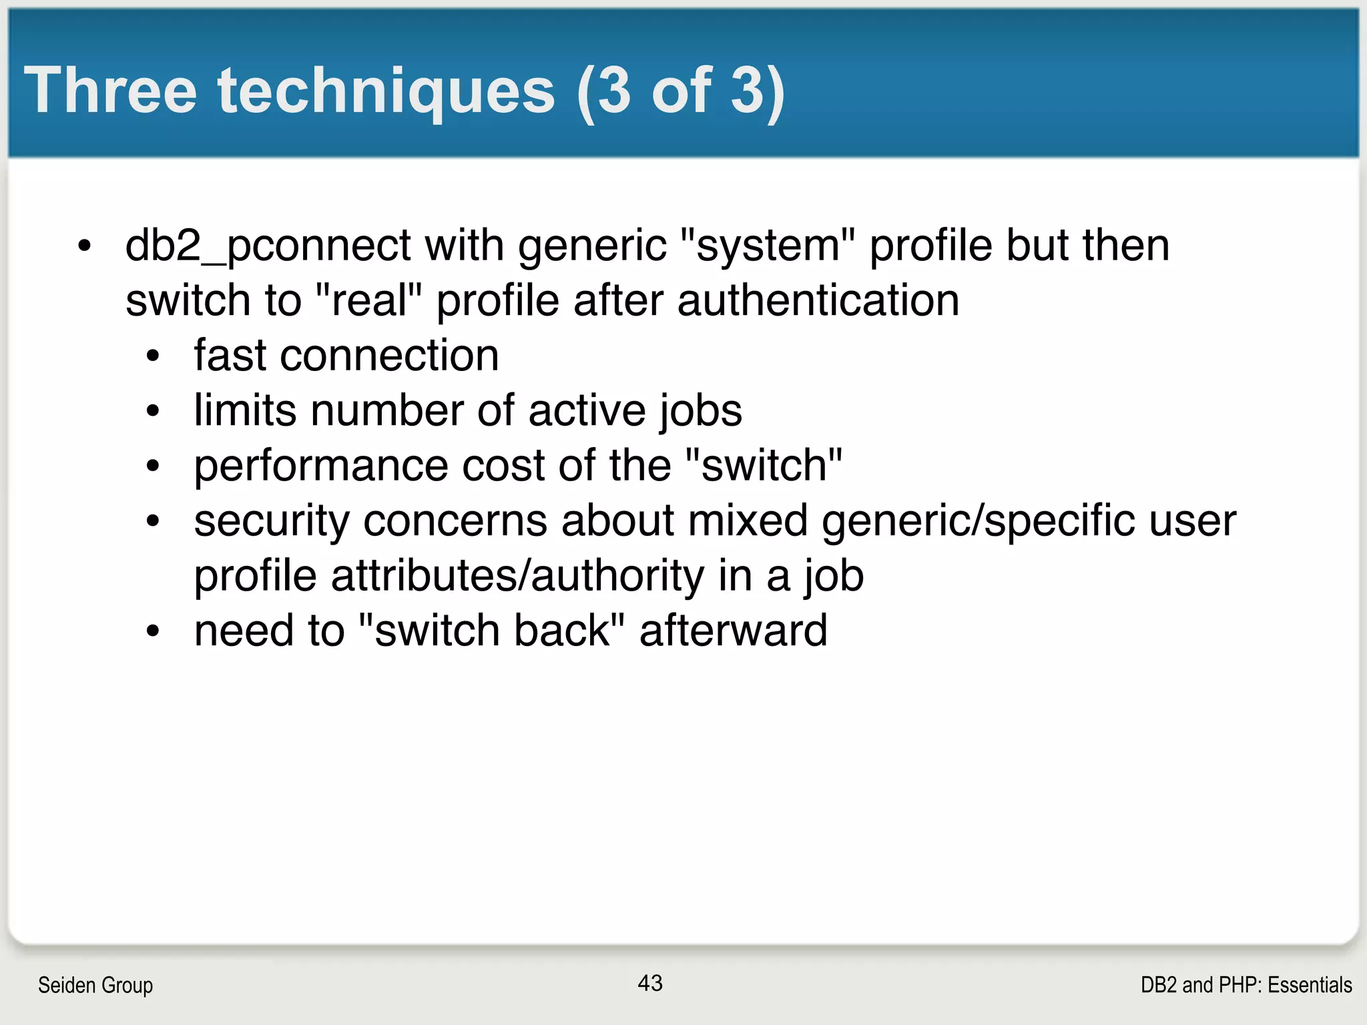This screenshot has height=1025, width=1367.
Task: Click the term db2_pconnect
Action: pos(268,246)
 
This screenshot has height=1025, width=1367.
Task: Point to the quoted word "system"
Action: pos(768,246)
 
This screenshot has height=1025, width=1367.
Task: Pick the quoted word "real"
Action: pos(367,300)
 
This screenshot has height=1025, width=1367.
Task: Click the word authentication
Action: pos(818,300)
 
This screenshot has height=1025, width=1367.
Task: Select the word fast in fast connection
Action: pos(230,355)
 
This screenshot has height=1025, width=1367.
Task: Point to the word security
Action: pos(271,521)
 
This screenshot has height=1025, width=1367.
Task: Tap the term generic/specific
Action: pos(978,521)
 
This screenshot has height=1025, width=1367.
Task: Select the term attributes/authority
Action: pos(517,576)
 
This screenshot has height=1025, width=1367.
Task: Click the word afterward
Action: pos(733,631)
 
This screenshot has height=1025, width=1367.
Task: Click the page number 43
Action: pos(649,983)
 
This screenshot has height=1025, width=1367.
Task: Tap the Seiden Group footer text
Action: pos(95,985)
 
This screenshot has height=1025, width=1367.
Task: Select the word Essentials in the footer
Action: pos(1310,985)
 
